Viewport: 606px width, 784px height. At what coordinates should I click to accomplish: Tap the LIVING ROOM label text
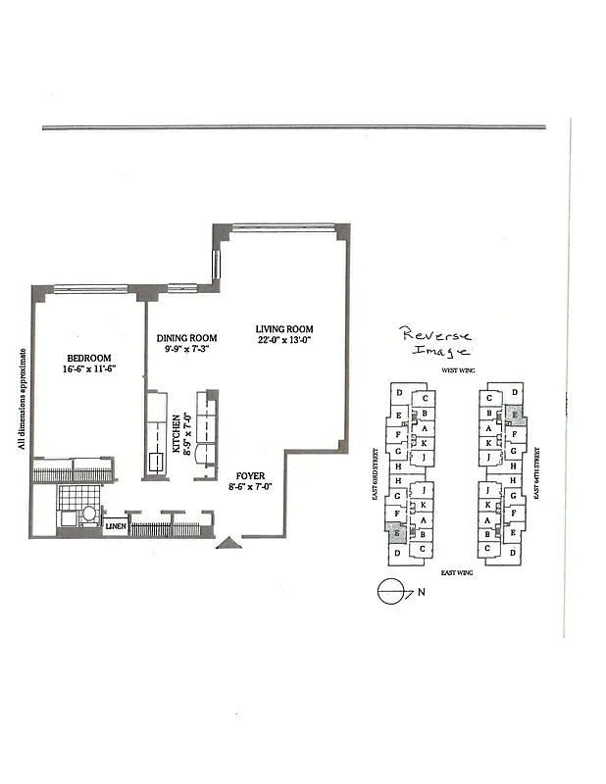284,329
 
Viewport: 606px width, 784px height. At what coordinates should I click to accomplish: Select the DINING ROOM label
186,339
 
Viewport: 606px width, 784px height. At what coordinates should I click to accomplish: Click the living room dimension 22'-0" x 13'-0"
284,341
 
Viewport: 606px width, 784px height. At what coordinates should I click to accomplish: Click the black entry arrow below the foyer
228,542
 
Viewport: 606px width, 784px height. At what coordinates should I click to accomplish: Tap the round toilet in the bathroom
89,513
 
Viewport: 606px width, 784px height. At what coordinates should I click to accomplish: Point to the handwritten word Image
441,350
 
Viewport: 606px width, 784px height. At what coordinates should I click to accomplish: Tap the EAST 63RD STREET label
376,476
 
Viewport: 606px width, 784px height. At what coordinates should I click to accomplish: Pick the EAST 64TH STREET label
537,475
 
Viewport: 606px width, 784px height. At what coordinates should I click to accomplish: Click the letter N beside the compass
423,591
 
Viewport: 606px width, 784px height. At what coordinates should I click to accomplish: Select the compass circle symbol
390,591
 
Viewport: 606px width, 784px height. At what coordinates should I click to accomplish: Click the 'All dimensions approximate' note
22,397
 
